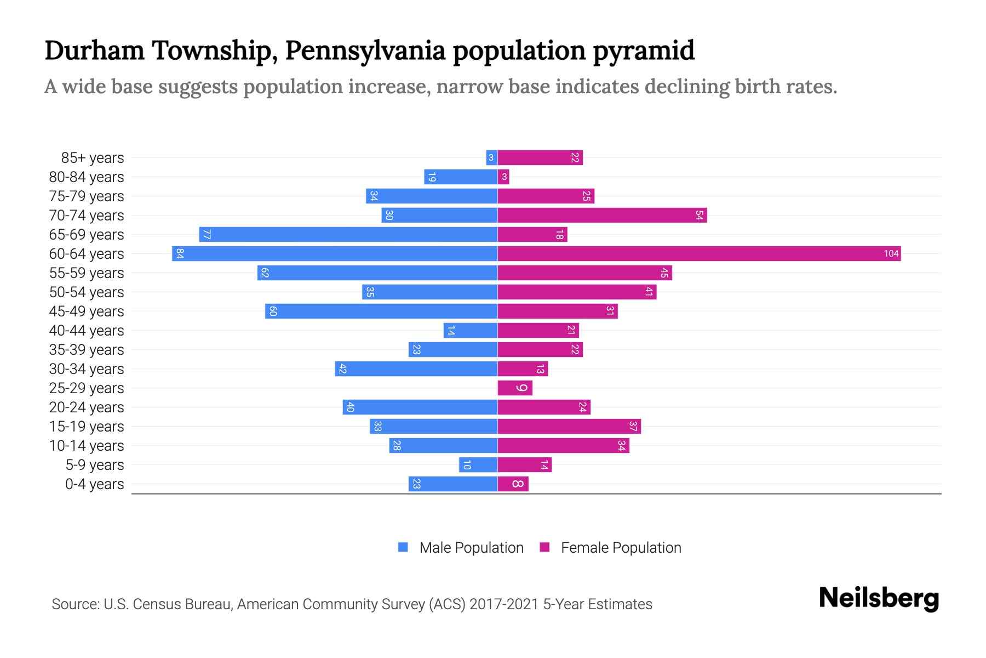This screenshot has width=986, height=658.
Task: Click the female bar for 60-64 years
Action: (x=698, y=253)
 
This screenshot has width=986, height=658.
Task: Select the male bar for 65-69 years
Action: (x=348, y=235)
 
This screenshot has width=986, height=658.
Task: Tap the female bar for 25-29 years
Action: (x=514, y=388)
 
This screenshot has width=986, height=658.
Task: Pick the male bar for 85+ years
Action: (x=491, y=158)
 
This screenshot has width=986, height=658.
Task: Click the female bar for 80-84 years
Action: (x=503, y=177)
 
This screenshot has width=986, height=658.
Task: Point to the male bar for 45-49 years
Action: (x=381, y=311)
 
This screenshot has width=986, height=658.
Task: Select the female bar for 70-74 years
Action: (x=601, y=215)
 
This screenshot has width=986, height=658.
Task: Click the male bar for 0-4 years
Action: (x=453, y=484)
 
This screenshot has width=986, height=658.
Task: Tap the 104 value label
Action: (x=891, y=253)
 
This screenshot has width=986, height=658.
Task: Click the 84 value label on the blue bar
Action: (x=180, y=253)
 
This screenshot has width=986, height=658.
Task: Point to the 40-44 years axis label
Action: (x=87, y=331)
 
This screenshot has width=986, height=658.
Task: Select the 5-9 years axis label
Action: (x=94, y=465)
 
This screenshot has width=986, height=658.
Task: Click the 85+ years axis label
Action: (x=93, y=158)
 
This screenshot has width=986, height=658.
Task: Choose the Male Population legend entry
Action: (x=460, y=547)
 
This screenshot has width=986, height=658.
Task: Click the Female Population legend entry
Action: (x=610, y=547)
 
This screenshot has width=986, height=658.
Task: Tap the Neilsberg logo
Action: (x=879, y=598)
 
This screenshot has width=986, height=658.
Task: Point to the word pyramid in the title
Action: (x=644, y=50)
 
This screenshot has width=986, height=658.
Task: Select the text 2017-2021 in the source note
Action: (x=504, y=604)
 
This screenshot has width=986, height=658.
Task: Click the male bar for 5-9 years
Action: (x=478, y=465)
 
